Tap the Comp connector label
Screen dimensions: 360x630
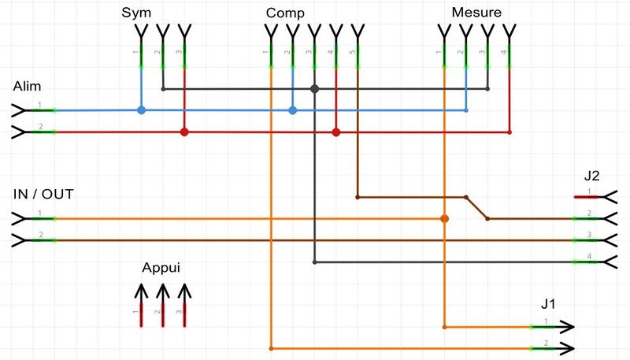tap(286, 13)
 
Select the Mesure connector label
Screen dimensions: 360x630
tap(477, 13)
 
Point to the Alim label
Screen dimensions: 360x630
tap(27, 86)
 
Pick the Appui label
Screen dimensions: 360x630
tap(161, 268)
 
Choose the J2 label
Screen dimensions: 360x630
tap(592, 175)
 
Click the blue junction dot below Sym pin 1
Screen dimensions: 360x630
tap(141, 110)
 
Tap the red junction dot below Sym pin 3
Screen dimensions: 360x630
tap(184, 132)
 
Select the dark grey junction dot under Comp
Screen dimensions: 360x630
tap(314, 89)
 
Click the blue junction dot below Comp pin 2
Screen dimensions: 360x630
tap(292, 110)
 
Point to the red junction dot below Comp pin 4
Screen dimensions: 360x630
tap(336, 132)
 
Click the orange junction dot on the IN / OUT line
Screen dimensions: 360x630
tap(444, 218)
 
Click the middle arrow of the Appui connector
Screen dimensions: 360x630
tap(162, 292)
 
